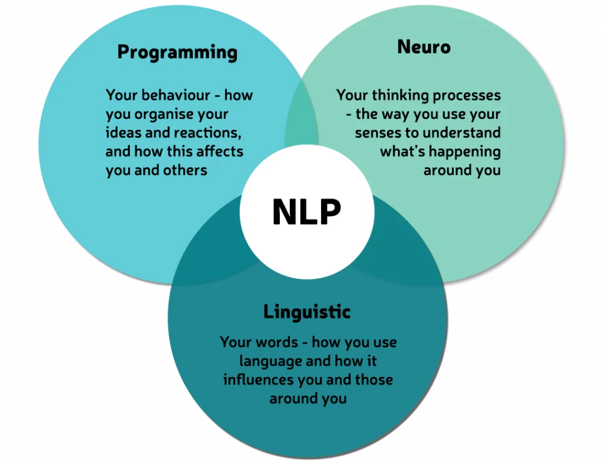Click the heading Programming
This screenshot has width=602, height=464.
178,52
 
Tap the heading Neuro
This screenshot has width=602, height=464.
424,47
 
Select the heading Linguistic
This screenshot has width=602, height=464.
307,312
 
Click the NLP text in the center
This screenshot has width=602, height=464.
307,212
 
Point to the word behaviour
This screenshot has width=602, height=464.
179,95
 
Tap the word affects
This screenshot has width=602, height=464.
220,151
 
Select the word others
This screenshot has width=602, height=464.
185,170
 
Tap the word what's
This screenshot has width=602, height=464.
402,151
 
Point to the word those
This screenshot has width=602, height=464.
374,379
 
